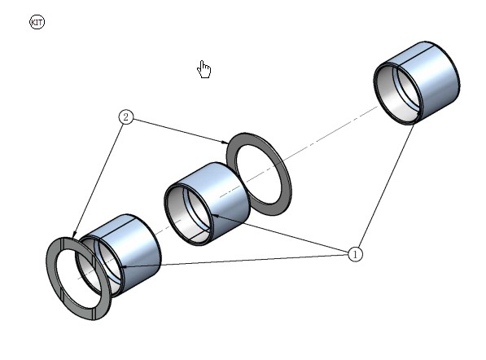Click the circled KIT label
37,22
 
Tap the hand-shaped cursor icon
204,69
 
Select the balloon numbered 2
126,117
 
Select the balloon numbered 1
355,254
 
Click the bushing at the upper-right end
417,83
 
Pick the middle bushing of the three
207,204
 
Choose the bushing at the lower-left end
118,256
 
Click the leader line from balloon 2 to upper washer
181,131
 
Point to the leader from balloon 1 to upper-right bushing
386,187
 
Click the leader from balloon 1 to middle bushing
281,234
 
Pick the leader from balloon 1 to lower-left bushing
234,261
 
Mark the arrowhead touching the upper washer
225,143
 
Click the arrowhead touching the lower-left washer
74,234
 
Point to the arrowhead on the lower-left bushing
124,266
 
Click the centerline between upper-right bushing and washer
330,133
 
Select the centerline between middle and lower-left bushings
168,226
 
